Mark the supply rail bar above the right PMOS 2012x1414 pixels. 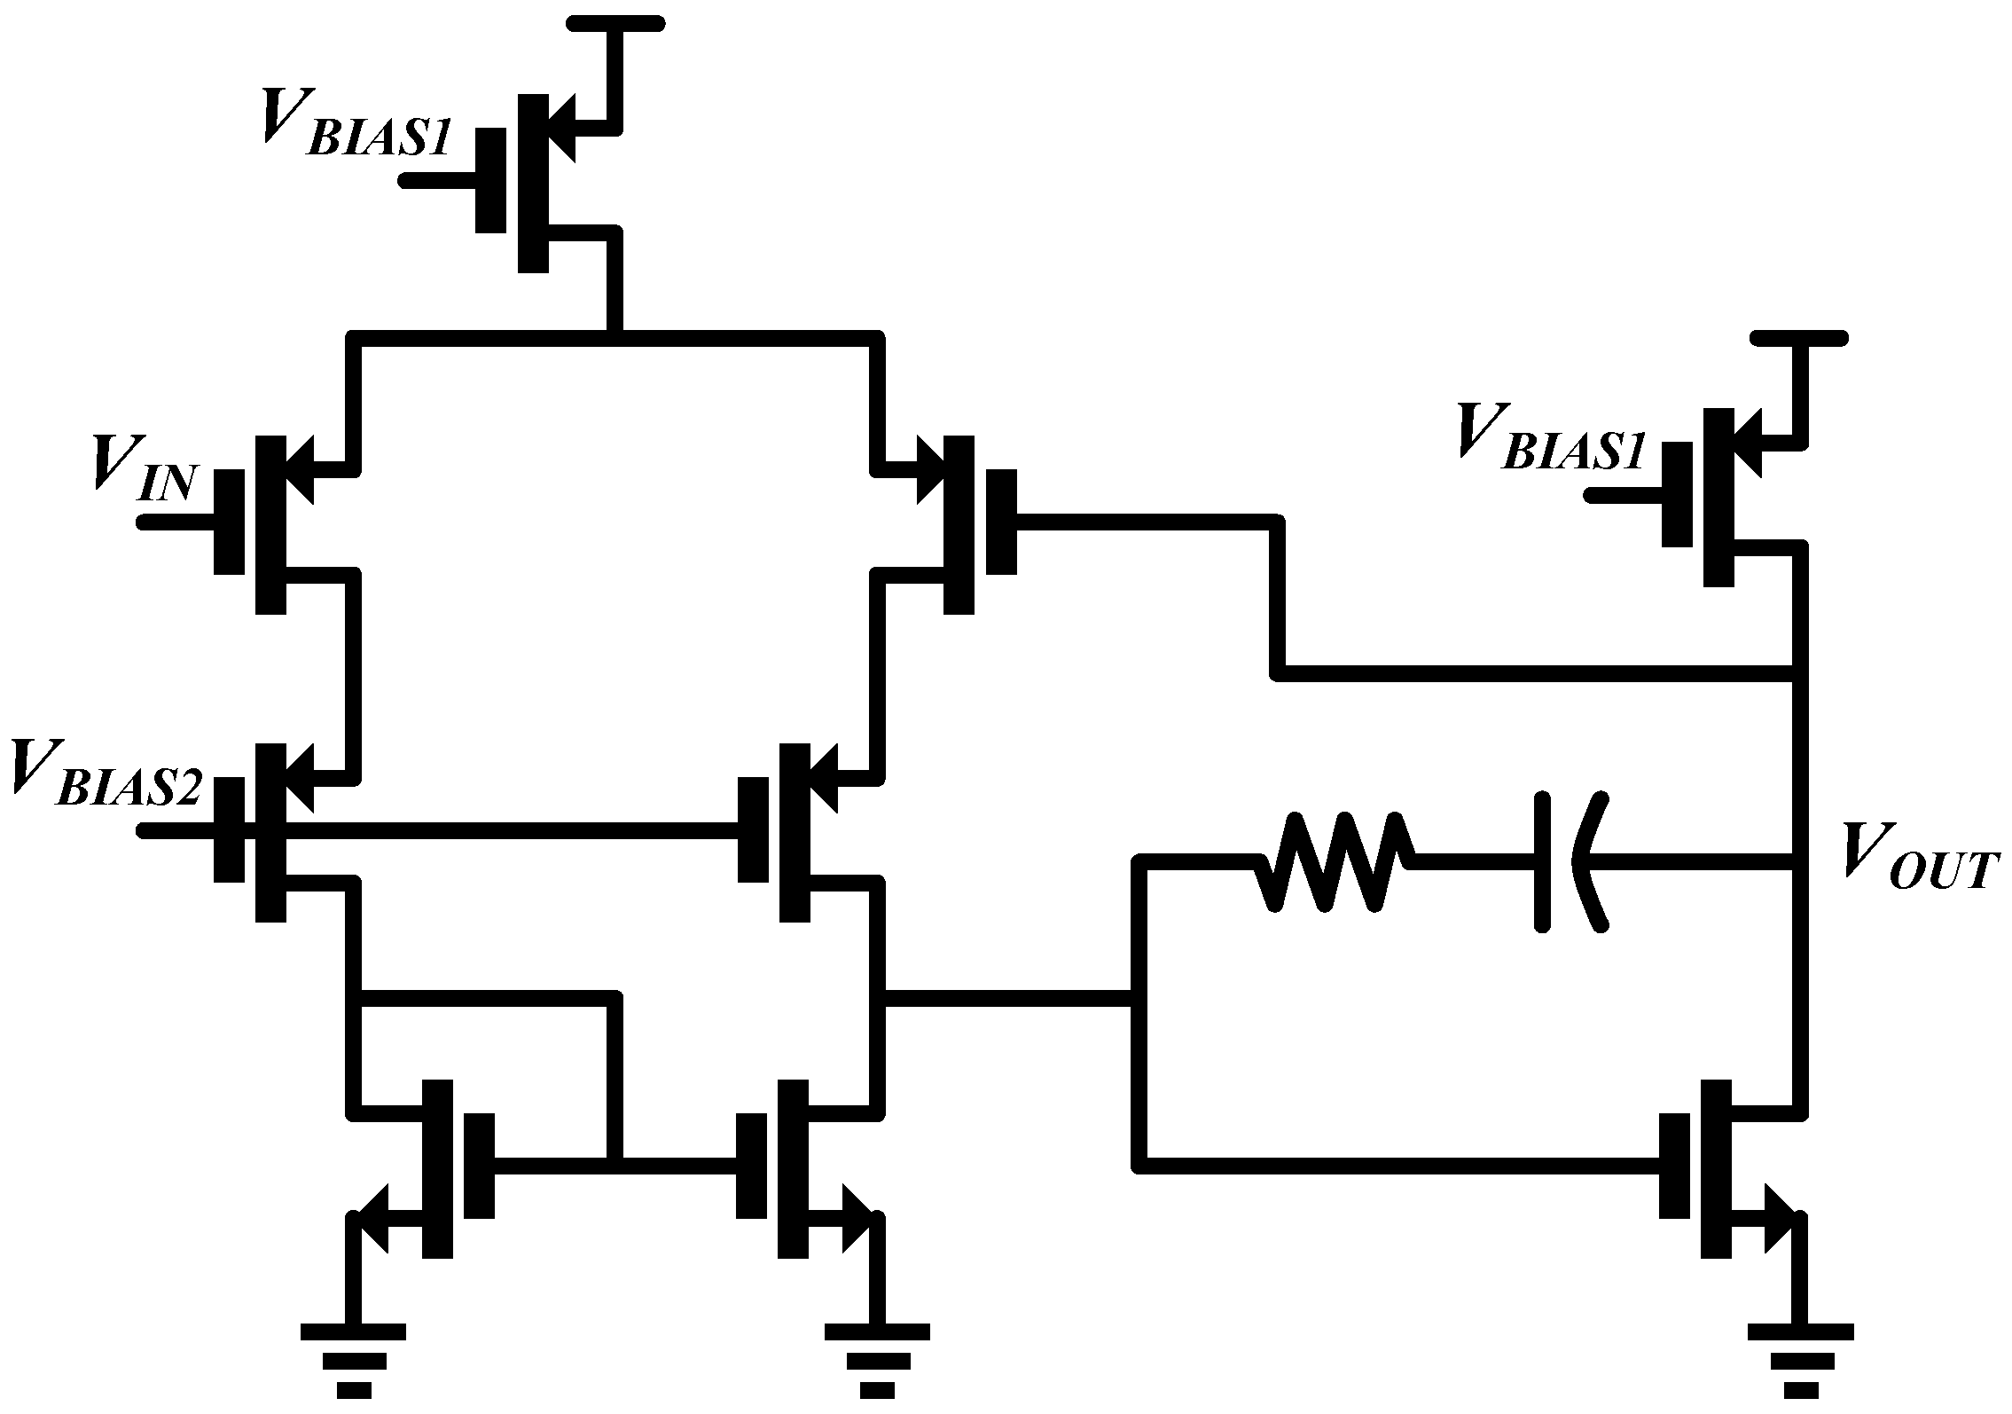pyautogui.click(x=1799, y=338)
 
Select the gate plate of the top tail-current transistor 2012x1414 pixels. pyautogui.click(x=489, y=180)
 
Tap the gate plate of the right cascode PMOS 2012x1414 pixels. pyautogui.click(x=753, y=829)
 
